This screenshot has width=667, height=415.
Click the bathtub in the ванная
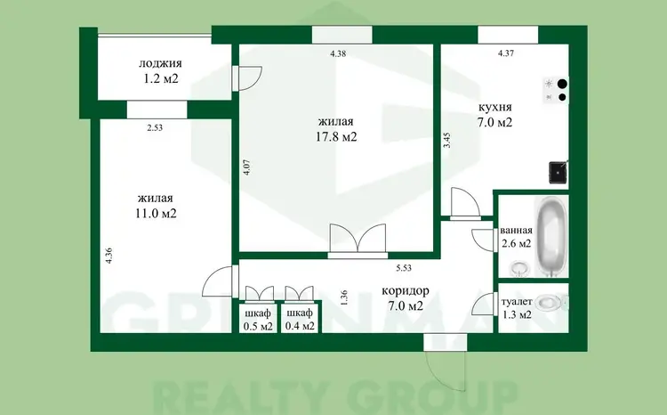tap(551, 237)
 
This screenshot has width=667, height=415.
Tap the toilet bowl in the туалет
tap(550, 303)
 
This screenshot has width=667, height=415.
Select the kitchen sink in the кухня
tap(559, 172)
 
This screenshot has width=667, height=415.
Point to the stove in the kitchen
tap(556, 90)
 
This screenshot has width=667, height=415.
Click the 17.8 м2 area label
tap(336, 137)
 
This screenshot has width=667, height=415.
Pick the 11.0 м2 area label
tap(156, 213)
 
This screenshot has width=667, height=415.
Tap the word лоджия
tap(160, 63)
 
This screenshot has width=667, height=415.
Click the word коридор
tap(405, 291)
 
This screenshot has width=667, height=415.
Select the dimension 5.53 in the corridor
tap(404, 268)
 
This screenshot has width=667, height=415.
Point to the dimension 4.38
tap(338, 53)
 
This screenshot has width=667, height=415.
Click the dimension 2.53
tap(155, 127)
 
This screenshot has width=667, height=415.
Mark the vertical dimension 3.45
tap(446, 140)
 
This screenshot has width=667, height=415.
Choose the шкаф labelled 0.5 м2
tap(257, 318)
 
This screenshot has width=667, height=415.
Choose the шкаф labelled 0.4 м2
tap(300, 318)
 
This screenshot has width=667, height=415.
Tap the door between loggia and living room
tap(248, 78)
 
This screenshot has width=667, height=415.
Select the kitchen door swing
tap(465, 203)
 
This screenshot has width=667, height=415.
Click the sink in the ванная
tap(519, 268)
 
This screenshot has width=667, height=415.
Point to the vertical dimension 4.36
tap(109, 256)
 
